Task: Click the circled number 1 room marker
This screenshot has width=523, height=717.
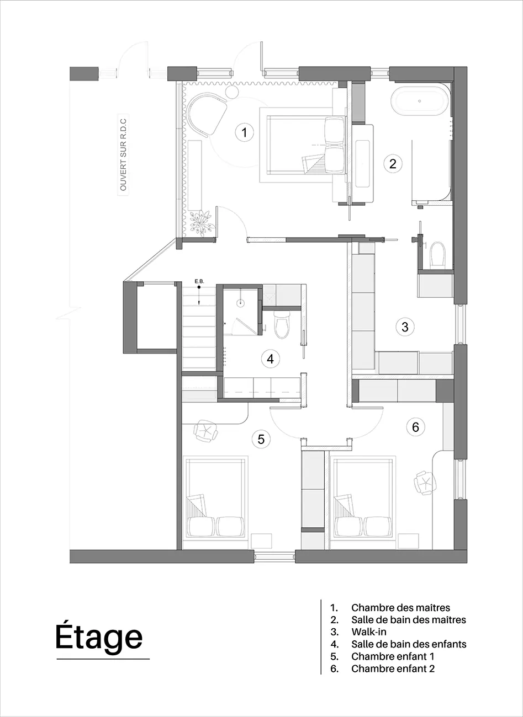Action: (x=244, y=132)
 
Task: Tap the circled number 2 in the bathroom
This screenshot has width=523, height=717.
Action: (x=393, y=163)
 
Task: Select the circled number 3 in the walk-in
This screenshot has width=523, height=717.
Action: (x=405, y=327)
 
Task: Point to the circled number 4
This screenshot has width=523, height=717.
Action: (x=270, y=358)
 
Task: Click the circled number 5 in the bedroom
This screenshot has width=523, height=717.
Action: (x=261, y=439)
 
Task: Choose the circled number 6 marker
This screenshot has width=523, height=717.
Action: (x=415, y=426)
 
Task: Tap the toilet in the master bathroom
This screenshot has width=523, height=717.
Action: (x=438, y=254)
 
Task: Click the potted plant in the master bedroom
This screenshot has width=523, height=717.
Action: (x=200, y=222)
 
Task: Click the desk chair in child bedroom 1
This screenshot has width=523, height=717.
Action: (x=206, y=430)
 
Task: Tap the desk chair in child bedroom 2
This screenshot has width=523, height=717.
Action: (x=424, y=483)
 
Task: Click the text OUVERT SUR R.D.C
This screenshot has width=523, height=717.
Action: (x=123, y=153)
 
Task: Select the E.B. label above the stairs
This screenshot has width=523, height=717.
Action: (x=199, y=282)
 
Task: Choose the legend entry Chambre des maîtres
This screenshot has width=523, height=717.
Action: (x=400, y=608)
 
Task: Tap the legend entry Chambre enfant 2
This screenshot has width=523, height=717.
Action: (x=393, y=668)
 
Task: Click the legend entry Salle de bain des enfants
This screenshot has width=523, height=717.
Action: (x=409, y=644)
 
